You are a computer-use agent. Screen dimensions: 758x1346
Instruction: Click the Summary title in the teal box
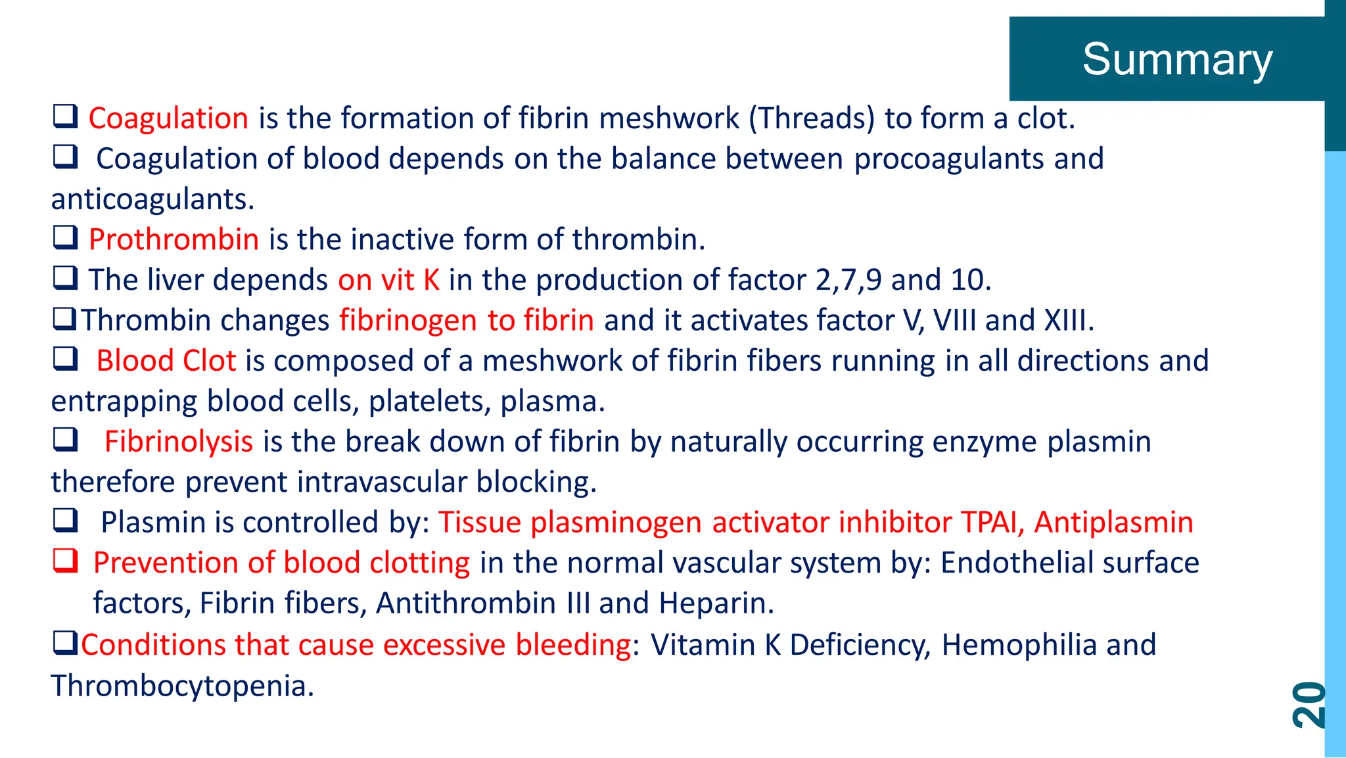(x=1177, y=59)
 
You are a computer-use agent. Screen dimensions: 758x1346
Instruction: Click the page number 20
(x=1309, y=704)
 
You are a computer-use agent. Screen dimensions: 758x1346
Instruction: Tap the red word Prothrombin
(x=174, y=239)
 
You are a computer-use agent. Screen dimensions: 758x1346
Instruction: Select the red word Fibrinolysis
(x=178, y=441)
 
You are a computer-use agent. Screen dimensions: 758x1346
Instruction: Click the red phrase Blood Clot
(x=166, y=361)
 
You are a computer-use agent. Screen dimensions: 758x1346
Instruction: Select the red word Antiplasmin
(x=1113, y=523)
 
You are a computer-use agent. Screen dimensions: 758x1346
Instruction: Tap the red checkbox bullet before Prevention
(x=66, y=561)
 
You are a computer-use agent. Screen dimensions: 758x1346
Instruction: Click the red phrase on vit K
(x=388, y=280)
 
